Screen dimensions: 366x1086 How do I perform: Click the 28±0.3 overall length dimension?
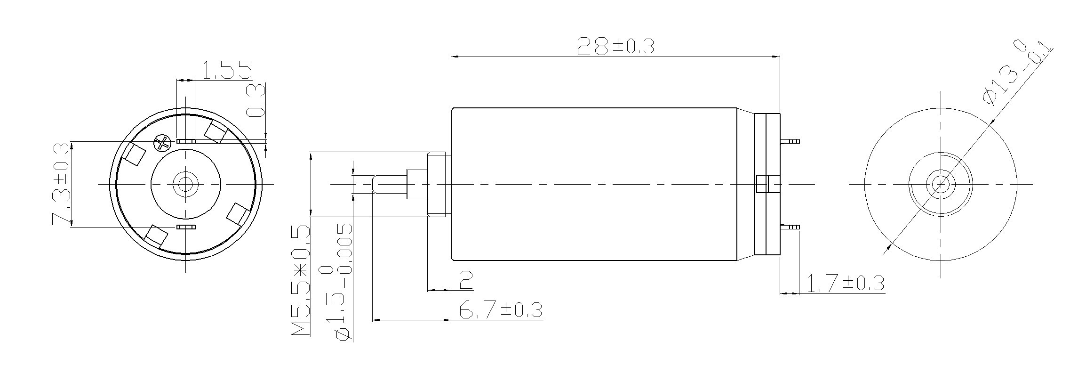(615, 46)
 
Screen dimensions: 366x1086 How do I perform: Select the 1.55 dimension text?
(227, 70)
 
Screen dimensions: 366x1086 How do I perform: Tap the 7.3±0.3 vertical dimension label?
(62, 185)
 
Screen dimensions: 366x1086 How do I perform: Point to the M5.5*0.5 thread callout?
(301, 280)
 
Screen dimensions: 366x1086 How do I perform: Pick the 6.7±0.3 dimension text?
(500, 310)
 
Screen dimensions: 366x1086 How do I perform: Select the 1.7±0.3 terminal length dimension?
(845, 284)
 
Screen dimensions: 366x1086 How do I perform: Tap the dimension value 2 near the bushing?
(465, 281)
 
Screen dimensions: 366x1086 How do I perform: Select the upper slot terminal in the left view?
(186, 141)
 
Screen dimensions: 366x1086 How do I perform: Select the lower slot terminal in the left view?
(186, 227)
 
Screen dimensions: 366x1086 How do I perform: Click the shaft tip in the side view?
(375, 184)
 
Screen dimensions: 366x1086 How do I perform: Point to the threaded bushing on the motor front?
(438, 184)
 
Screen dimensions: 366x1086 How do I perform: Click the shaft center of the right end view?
(940, 184)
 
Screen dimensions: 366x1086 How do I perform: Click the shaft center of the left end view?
(185, 183)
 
